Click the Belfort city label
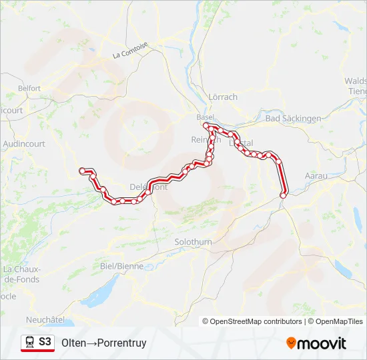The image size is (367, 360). tap(29, 88)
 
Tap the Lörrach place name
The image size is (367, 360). tap(223, 97)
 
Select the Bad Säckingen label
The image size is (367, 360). tap(293, 118)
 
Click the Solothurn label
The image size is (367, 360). tap(193, 241)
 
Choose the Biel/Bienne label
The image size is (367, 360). tap(121, 265)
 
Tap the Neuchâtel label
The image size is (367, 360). tap(45, 320)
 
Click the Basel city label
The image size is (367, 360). tap(205, 117)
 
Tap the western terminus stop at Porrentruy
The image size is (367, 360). tap(82, 171)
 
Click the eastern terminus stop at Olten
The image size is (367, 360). tap(284, 195)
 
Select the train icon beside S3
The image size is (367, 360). tap(29, 342)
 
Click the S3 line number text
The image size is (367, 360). tap(45, 342)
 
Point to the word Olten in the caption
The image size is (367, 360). tap(73, 343)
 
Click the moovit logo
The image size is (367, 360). tap(316, 343)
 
